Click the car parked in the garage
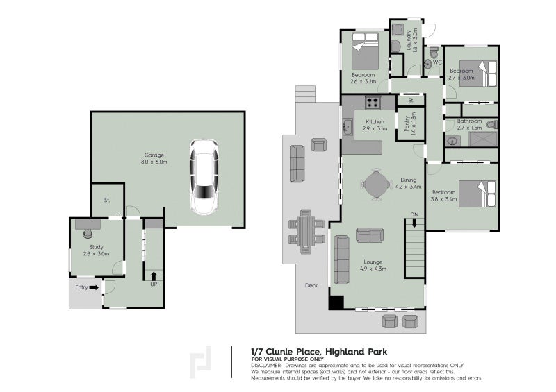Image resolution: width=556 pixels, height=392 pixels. click(204, 178)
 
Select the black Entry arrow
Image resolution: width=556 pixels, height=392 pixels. click(92, 288)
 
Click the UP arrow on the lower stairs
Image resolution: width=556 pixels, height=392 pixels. click(154, 275)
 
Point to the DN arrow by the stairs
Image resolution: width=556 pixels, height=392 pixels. click(414, 223)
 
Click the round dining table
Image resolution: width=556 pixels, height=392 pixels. click(376, 185)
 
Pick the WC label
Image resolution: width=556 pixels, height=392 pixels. click(437, 63)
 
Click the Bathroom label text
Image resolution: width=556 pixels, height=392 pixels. click(469, 121)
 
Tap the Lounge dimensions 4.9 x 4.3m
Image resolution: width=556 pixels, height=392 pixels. click(373, 269)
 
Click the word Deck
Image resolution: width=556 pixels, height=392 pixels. click(311, 285)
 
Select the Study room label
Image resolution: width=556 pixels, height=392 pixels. click(96, 247)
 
